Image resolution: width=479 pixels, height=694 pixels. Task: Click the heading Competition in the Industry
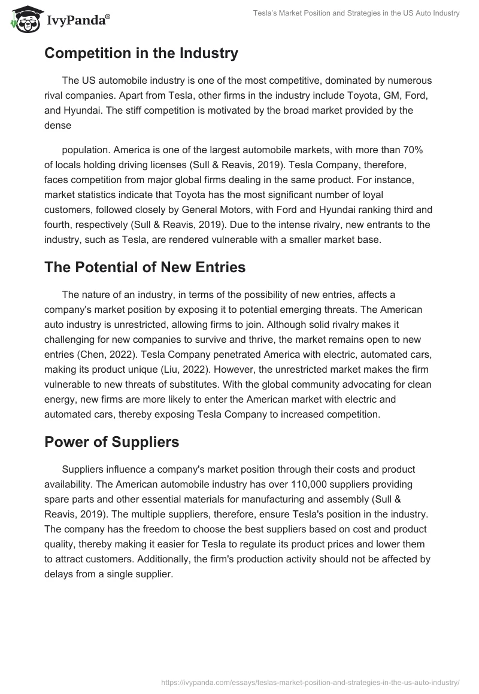coord(141,53)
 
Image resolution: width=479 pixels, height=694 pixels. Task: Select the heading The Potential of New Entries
coord(145,267)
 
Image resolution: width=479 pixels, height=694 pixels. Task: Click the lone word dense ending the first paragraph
coord(58,126)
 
